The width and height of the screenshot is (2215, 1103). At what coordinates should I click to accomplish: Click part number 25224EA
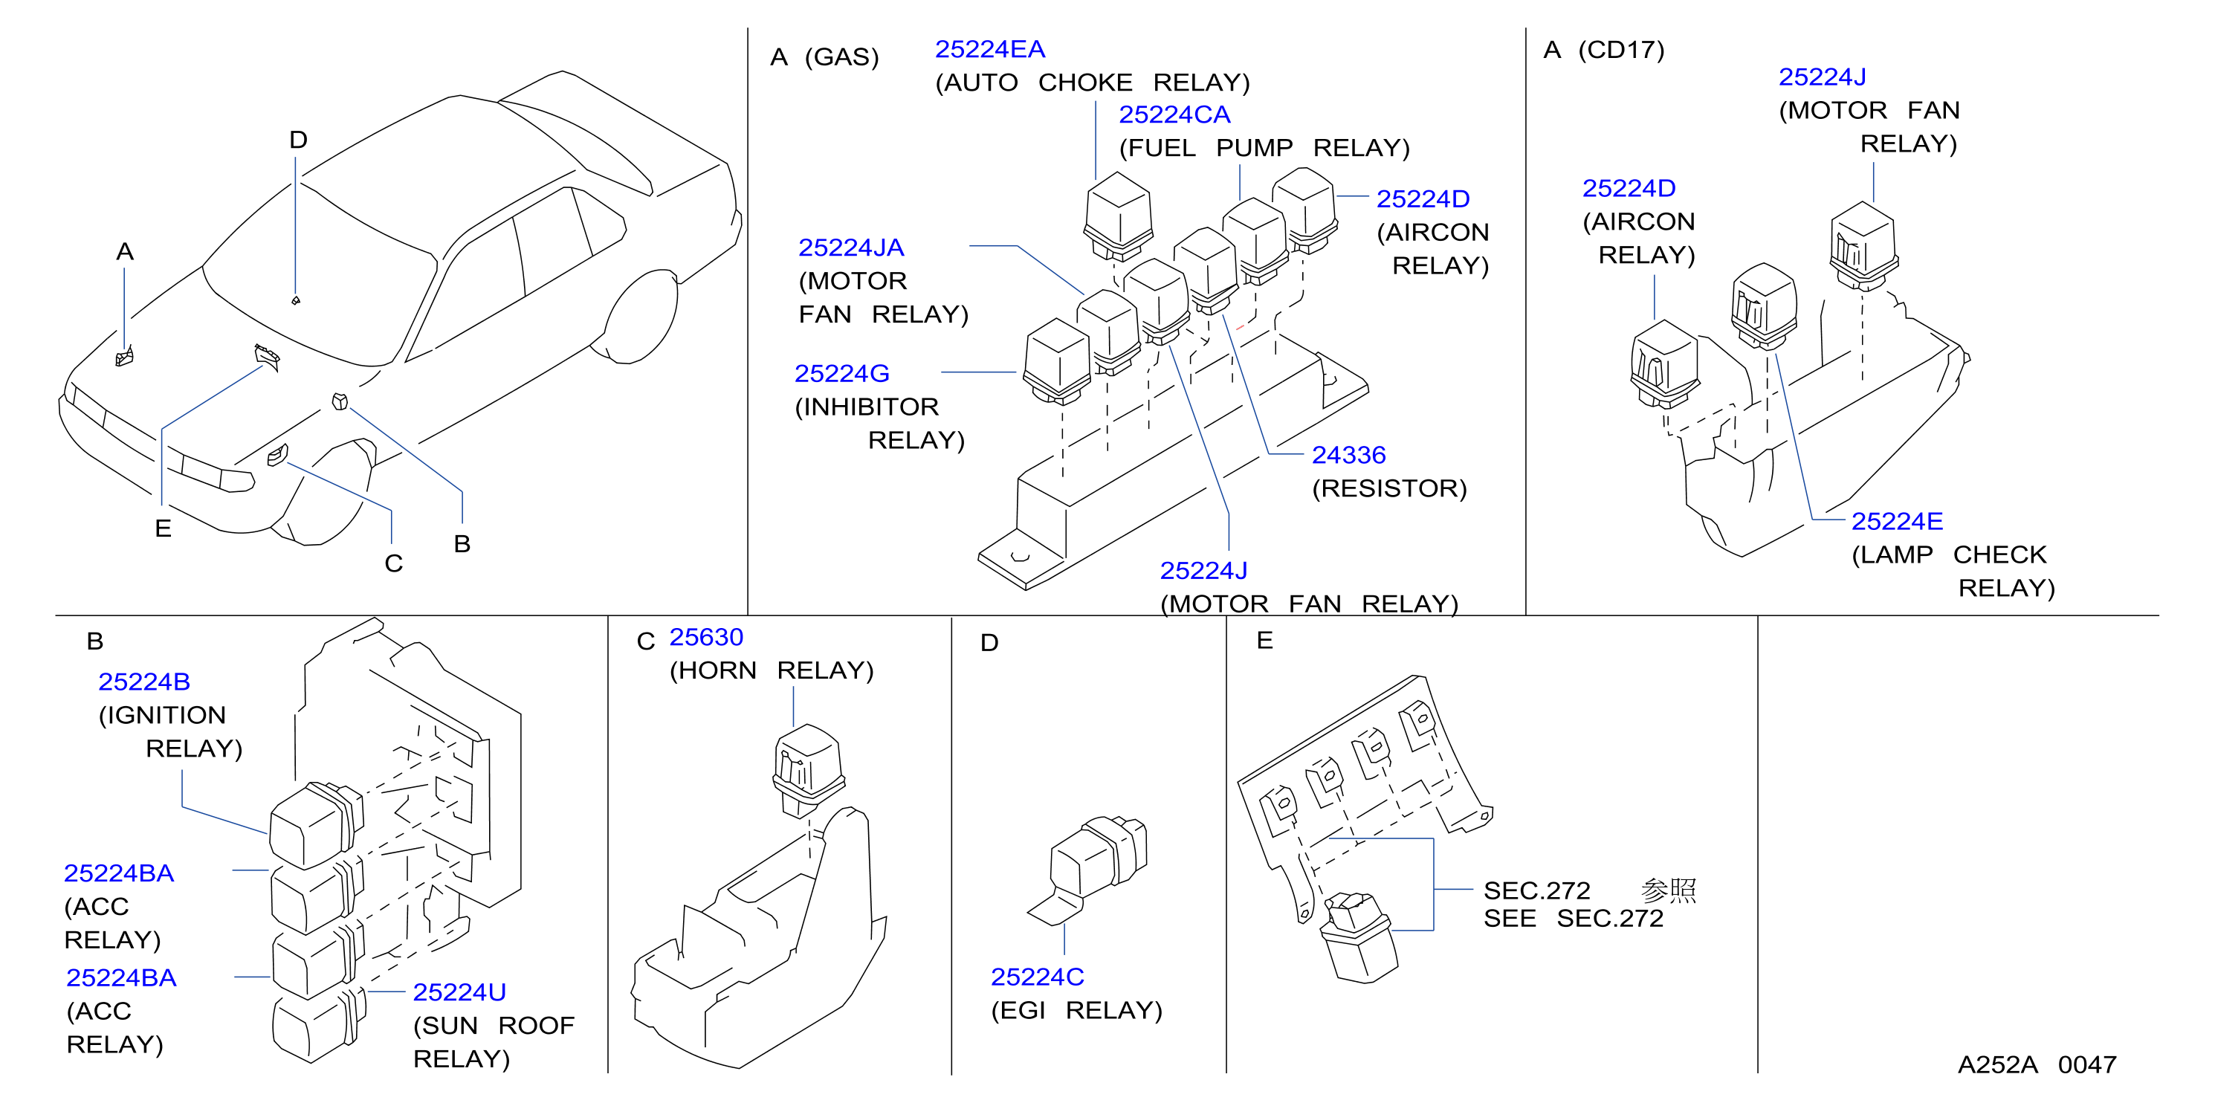click(x=990, y=50)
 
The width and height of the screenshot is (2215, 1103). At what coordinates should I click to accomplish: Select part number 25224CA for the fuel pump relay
click(x=1174, y=114)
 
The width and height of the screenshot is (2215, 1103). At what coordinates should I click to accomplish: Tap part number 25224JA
click(x=850, y=248)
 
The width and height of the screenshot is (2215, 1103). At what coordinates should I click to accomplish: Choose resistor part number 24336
click(x=1348, y=455)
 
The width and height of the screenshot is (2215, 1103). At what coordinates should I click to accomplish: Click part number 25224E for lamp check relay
click(x=1896, y=521)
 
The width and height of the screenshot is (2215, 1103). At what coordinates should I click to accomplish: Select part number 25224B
click(x=143, y=682)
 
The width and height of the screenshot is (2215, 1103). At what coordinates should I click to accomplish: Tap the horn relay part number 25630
click(x=705, y=637)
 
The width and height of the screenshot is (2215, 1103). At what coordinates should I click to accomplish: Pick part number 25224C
click(x=1036, y=977)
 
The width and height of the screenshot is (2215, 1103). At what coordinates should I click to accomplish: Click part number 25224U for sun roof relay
click(x=459, y=992)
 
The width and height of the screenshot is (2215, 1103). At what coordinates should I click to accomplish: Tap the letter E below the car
click(x=163, y=528)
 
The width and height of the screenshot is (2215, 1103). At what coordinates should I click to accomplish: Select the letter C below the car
click(x=393, y=563)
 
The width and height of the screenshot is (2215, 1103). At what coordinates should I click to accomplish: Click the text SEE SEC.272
click(x=1573, y=918)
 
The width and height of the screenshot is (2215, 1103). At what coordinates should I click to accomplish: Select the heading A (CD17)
click(x=1603, y=50)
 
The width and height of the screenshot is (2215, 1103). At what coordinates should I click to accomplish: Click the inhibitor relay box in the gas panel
click(x=1057, y=361)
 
